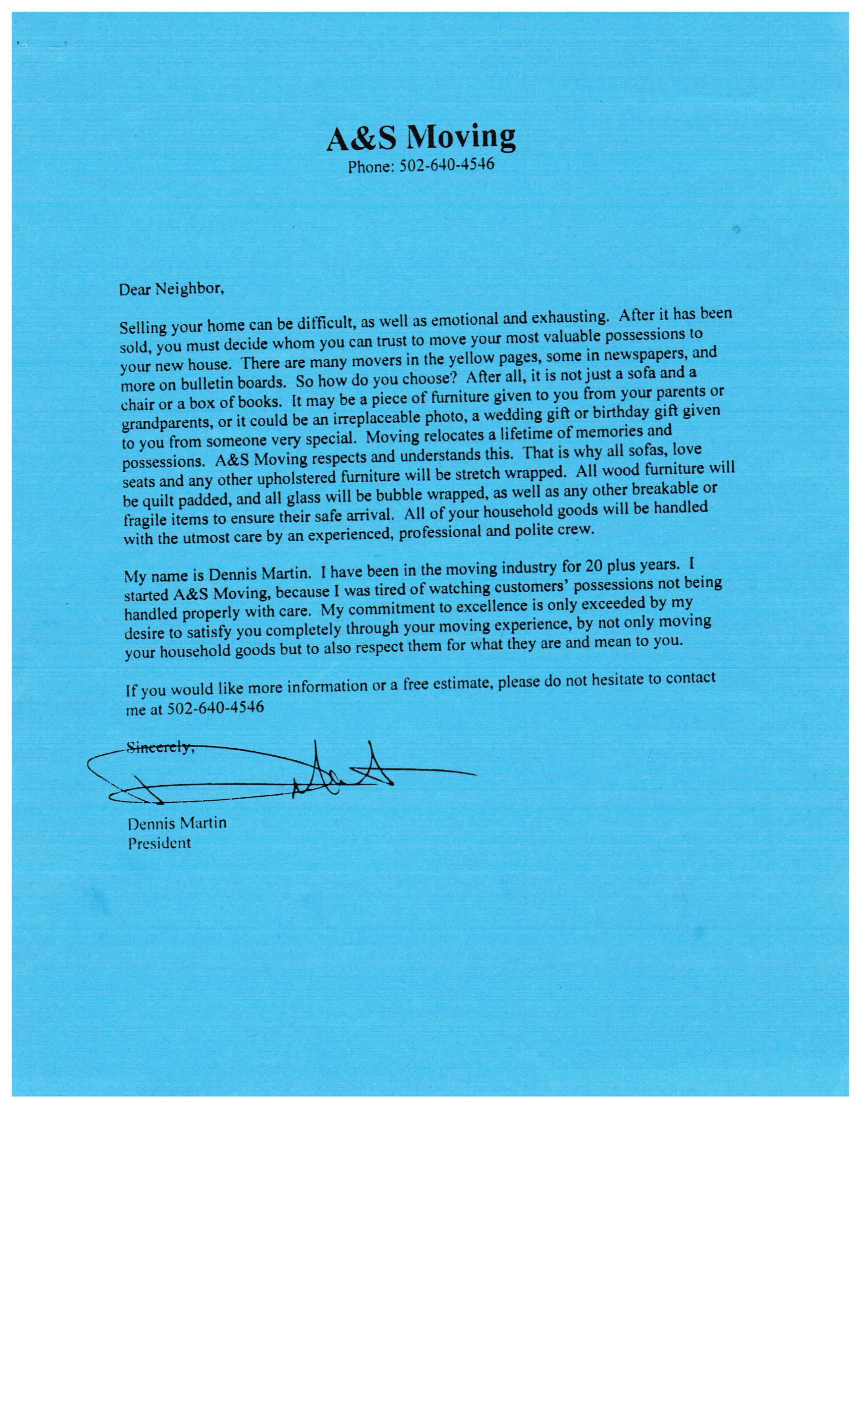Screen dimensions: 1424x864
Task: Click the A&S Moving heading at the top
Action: pyautogui.click(x=420, y=137)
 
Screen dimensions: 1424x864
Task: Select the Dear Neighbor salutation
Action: pyautogui.click(x=171, y=288)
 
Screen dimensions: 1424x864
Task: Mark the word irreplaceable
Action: pyautogui.click(x=365, y=419)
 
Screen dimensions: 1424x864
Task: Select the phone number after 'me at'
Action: pyautogui.click(x=215, y=707)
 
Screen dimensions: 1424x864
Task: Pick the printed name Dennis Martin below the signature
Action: pyautogui.click(x=177, y=822)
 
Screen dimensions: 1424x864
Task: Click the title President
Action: pyautogui.click(x=159, y=843)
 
